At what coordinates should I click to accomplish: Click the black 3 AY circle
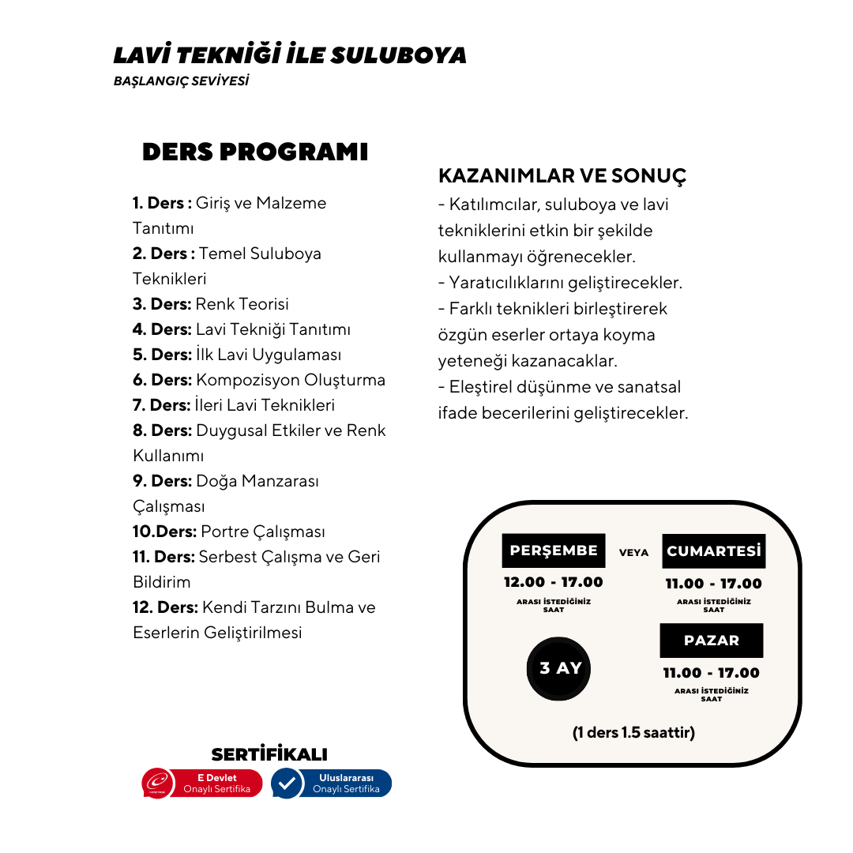(560, 669)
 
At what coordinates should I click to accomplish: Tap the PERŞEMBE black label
(554, 551)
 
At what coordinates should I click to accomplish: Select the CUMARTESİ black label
(713, 551)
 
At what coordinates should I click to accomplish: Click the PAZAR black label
(712, 641)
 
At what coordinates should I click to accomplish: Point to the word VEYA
(633, 553)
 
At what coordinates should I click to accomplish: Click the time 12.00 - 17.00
(554, 582)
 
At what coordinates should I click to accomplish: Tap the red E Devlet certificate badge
(202, 783)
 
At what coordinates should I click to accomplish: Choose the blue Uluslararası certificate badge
(332, 783)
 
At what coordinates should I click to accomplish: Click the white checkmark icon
(287, 783)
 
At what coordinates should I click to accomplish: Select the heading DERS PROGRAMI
(255, 152)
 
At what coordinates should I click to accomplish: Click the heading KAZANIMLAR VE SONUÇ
(562, 175)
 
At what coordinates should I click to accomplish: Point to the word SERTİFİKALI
(269, 754)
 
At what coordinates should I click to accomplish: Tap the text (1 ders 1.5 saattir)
(633, 733)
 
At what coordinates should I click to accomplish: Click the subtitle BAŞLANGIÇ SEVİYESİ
(181, 81)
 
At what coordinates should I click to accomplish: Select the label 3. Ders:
(162, 304)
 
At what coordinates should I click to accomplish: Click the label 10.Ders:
(164, 532)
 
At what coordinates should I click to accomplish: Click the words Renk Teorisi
(242, 304)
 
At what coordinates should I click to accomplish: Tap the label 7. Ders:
(162, 405)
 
